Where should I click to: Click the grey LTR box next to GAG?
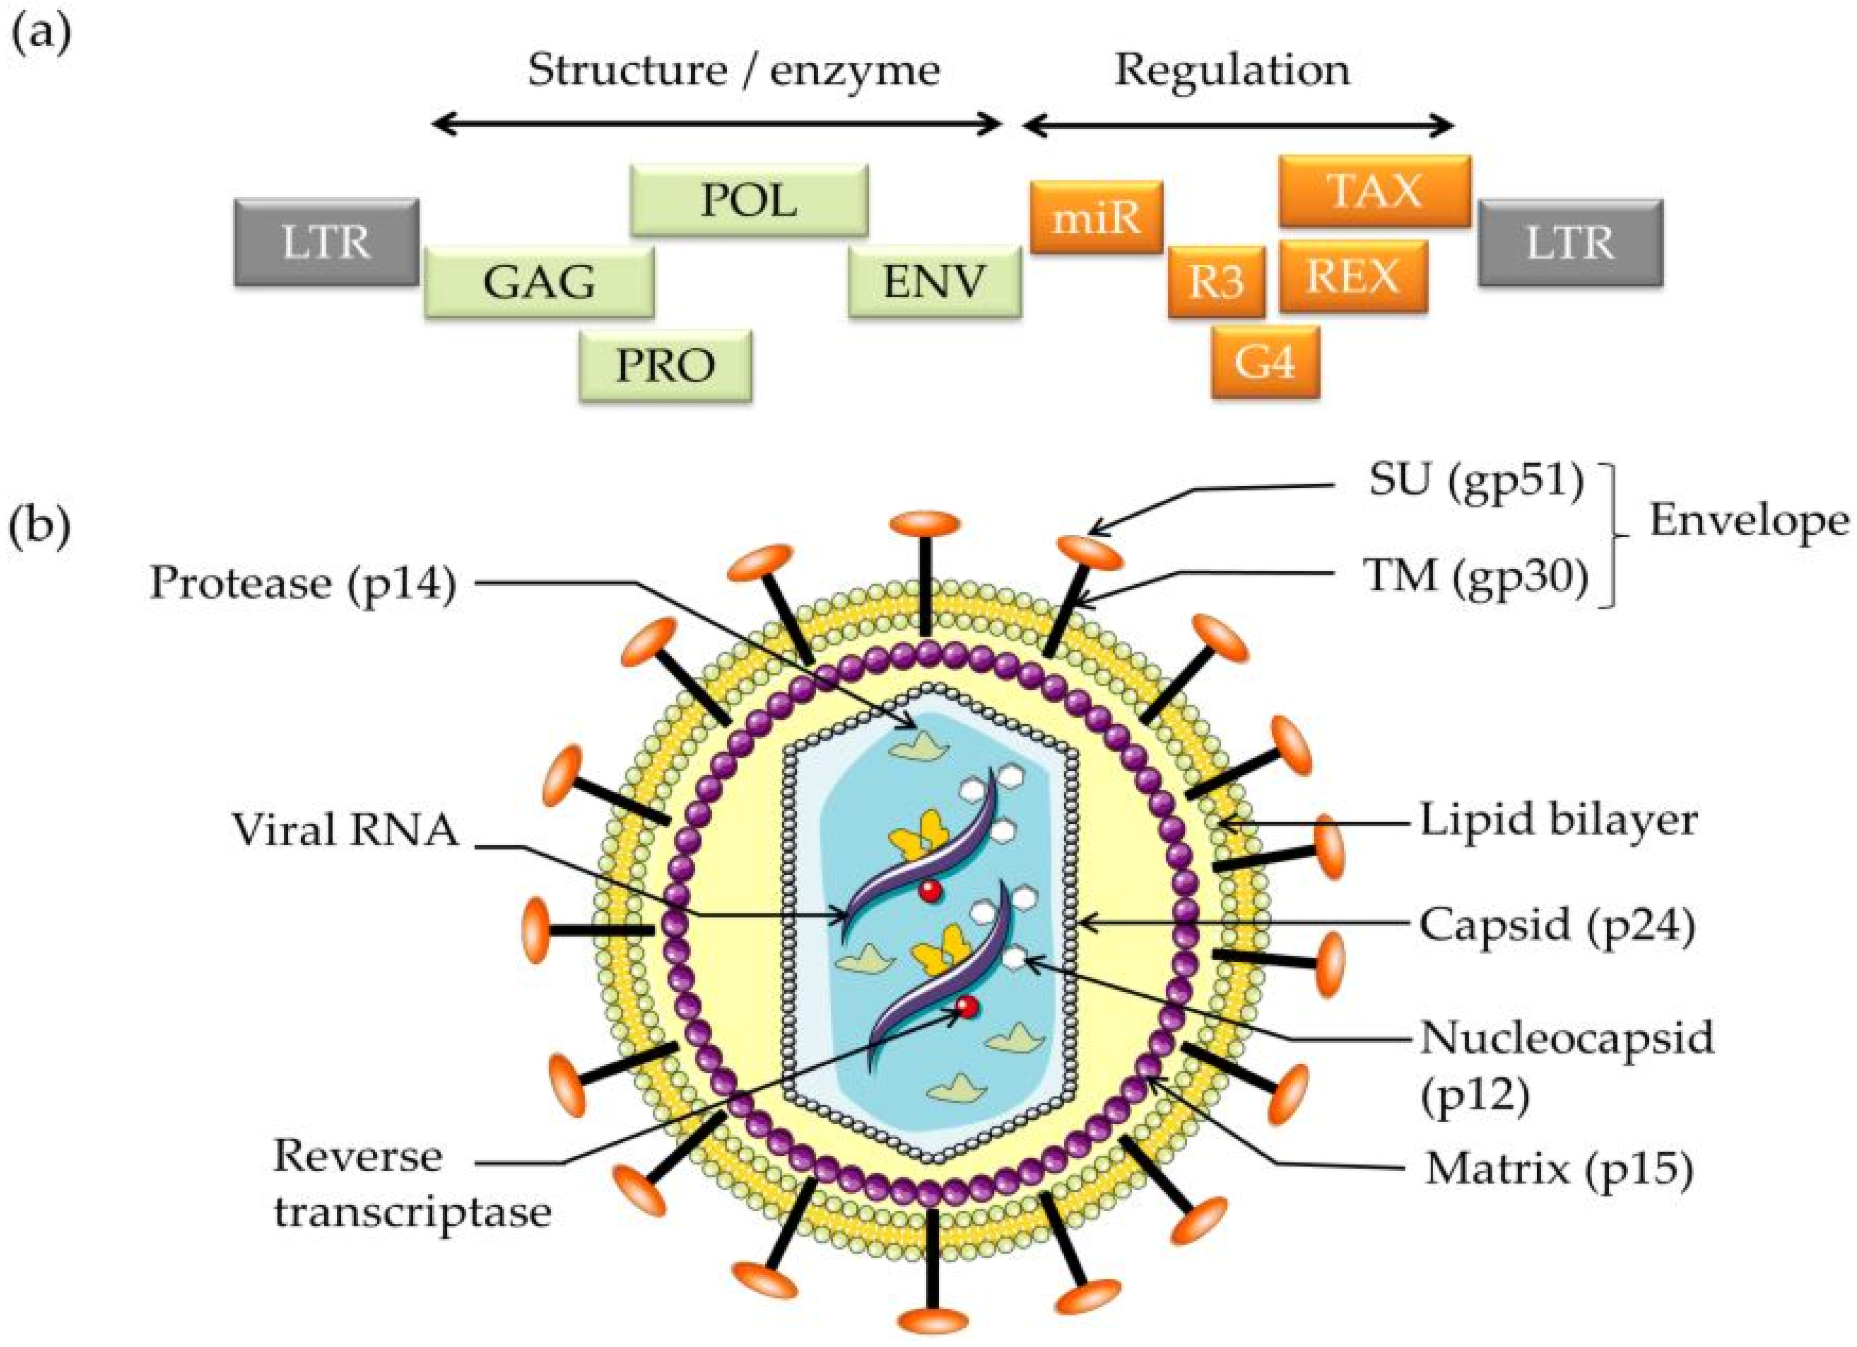326,242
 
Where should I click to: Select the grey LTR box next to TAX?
1570,242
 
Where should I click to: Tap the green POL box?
748,200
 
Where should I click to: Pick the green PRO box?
665,365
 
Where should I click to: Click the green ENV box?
934,281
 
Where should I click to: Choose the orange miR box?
1096,218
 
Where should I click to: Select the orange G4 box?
1265,362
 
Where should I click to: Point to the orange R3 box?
1216,281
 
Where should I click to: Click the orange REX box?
1353,276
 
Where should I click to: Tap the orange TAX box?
1375,191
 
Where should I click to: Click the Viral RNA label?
345,830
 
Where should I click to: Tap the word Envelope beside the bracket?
1748,521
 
